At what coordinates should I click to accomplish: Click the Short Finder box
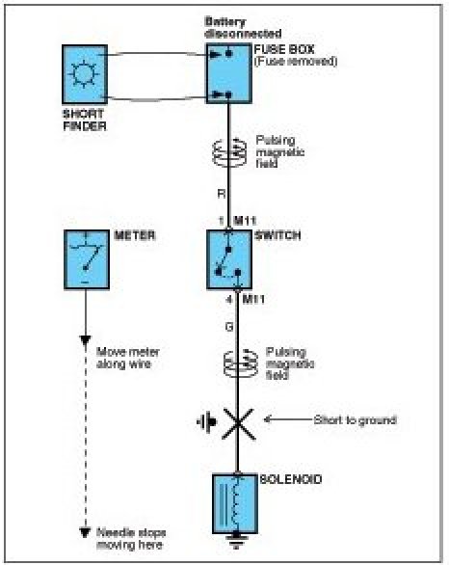(x=85, y=74)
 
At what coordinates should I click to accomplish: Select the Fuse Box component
(x=228, y=73)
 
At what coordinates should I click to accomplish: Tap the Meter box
(x=87, y=259)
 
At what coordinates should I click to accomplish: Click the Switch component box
(x=229, y=259)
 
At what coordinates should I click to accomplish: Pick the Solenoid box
(x=235, y=503)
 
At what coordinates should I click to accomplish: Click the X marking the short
(x=238, y=424)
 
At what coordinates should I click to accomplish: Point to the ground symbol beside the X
(x=207, y=421)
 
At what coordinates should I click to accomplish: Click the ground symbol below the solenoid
(x=236, y=541)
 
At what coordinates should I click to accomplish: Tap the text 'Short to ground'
(x=355, y=420)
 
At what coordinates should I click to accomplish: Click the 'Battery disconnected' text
(x=243, y=27)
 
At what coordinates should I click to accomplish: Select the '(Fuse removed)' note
(x=296, y=62)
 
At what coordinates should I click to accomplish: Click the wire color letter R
(x=222, y=194)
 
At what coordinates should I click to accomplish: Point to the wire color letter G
(x=229, y=327)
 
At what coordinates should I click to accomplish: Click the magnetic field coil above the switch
(x=229, y=152)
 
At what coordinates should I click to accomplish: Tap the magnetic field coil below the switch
(x=241, y=363)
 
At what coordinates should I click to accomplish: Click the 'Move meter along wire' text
(x=128, y=358)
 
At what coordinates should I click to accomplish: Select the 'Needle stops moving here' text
(x=131, y=538)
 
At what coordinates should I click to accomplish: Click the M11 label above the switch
(x=245, y=221)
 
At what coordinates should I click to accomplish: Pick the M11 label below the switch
(x=253, y=299)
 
